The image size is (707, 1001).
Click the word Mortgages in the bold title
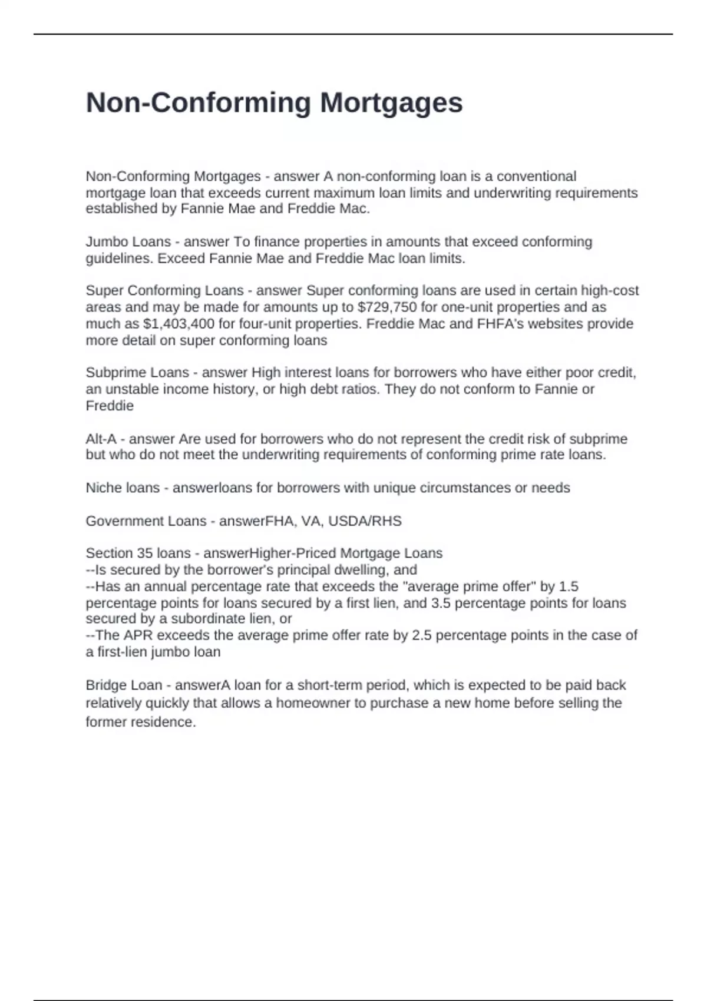(x=391, y=104)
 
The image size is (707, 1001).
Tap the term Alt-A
(x=101, y=439)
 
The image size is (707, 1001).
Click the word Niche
(x=103, y=488)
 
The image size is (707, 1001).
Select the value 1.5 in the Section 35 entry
(x=568, y=586)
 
